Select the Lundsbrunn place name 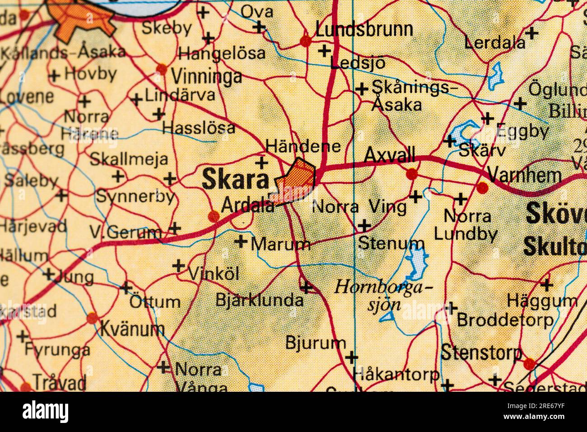364,29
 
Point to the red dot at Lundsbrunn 306,41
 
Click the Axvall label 389,156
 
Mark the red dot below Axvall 411,174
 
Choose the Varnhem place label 525,175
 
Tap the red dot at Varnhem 483,187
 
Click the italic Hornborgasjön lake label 384,295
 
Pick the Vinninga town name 206,77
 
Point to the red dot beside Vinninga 161,69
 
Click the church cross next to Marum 242,242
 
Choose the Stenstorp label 481,352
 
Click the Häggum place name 542,300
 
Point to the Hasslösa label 199,128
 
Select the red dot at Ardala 214,216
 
